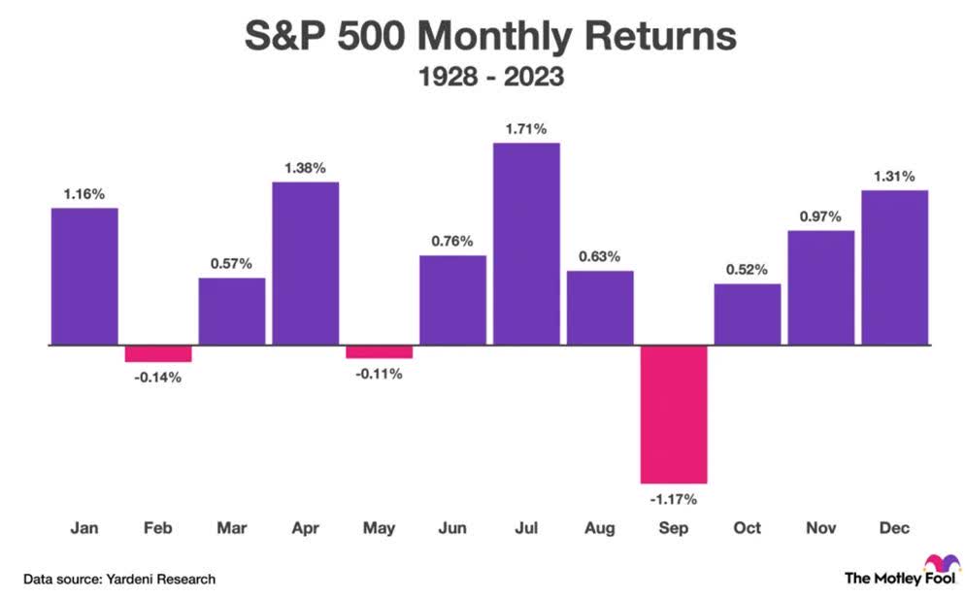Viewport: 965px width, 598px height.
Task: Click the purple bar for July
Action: pyautogui.click(x=526, y=244)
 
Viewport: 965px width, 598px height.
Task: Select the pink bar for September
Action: pyautogui.click(x=674, y=414)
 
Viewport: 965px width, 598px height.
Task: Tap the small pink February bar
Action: pyautogui.click(x=158, y=353)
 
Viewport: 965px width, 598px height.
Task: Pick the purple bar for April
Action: pyautogui.click(x=305, y=263)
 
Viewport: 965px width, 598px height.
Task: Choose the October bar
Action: pyautogui.click(x=748, y=314)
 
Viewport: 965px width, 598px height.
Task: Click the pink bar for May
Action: pyautogui.click(x=379, y=351)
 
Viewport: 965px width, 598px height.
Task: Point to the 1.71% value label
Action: pyautogui.click(x=526, y=127)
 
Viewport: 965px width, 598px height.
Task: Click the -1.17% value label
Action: pyautogui.click(x=674, y=499)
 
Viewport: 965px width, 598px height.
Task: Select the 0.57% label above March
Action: pyautogui.click(x=232, y=263)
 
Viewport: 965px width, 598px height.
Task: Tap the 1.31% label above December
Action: pyautogui.click(x=895, y=175)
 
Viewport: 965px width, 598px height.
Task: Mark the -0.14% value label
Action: pyautogui.click(x=158, y=377)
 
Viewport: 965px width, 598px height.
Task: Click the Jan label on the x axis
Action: pyautogui.click(x=84, y=529)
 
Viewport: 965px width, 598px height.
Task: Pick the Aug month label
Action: pyautogui.click(x=600, y=529)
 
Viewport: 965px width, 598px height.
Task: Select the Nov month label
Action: pyautogui.click(x=821, y=529)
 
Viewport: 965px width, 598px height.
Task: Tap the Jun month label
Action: pyautogui.click(x=452, y=529)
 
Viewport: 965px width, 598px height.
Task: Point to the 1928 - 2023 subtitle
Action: pyautogui.click(x=482, y=77)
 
